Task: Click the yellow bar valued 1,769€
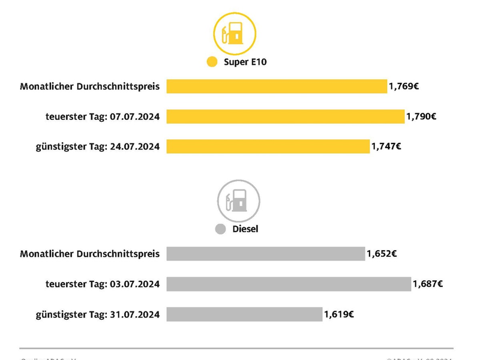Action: click(277, 86)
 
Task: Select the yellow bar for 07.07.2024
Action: click(285, 116)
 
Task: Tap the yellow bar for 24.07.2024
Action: click(268, 146)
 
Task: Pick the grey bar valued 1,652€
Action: click(265, 254)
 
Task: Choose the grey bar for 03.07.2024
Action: click(288, 284)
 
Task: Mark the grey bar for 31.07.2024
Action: click(244, 314)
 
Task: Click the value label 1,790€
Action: click(421, 116)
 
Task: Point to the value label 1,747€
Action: click(386, 146)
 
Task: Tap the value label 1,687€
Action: click(427, 284)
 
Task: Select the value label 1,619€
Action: click(340, 314)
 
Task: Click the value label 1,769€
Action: click(404, 86)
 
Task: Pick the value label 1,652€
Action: click(382, 254)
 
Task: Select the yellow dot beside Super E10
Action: click(212, 62)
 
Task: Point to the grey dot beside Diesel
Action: click(220, 229)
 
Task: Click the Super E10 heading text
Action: click(245, 62)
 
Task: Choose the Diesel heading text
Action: click(245, 229)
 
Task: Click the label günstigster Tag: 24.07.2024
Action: click(97, 146)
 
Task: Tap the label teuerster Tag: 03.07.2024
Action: click(102, 284)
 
